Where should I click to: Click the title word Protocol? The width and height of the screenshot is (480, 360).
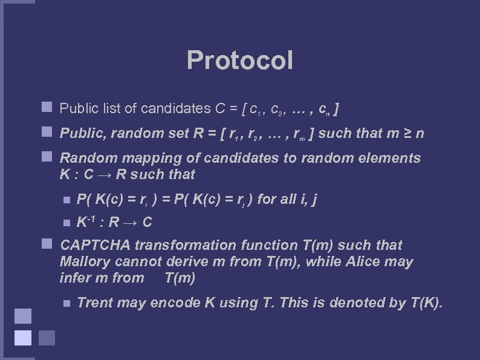(x=240, y=61)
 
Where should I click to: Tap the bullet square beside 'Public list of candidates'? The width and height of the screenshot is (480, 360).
(x=45, y=108)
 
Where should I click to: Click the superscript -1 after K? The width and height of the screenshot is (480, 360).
(x=91, y=218)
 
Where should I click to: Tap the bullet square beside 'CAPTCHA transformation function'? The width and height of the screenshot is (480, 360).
(x=45, y=244)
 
